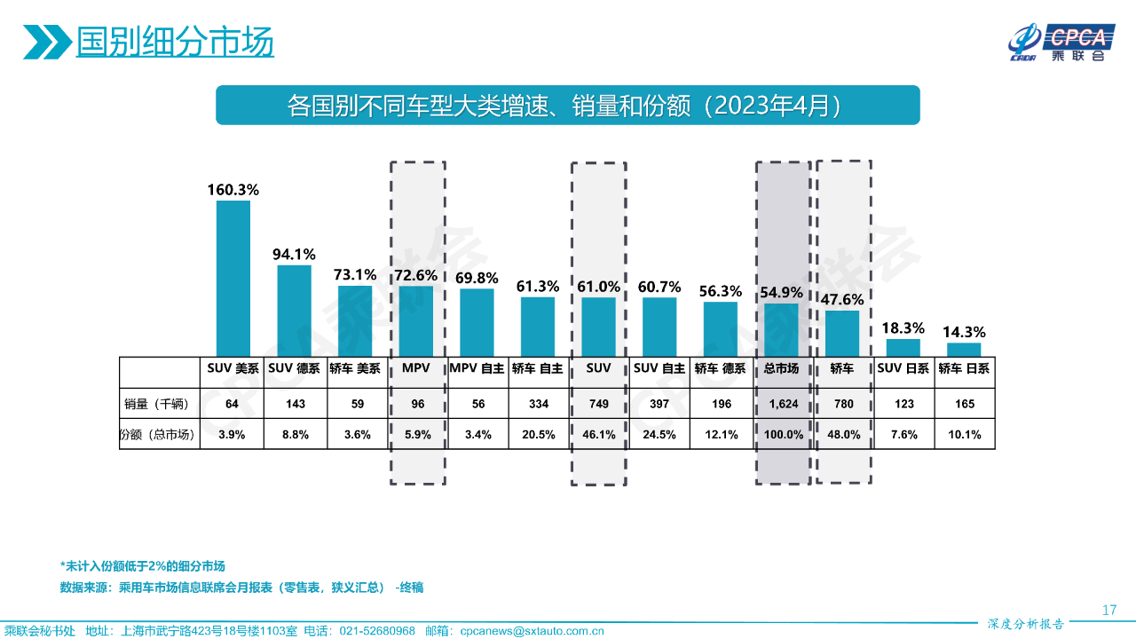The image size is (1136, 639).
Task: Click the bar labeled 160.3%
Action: point(233,278)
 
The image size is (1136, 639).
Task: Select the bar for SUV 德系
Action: point(295,310)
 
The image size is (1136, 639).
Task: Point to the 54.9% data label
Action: point(782,292)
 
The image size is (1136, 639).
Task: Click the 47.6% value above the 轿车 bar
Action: point(842,298)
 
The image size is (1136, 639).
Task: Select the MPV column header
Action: point(417,368)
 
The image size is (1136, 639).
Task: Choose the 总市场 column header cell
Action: point(782,368)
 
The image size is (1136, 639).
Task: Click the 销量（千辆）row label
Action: point(159,404)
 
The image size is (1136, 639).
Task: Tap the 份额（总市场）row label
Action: point(159,434)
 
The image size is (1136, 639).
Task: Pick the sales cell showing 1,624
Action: point(782,404)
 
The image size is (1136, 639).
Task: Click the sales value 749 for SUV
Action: point(599,404)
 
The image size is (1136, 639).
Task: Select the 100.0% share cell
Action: point(782,434)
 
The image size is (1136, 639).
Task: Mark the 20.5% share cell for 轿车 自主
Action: point(539,434)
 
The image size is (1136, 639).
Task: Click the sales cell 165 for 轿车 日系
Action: point(965,404)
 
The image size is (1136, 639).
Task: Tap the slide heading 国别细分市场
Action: point(174,42)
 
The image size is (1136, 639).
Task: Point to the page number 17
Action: point(1108,610)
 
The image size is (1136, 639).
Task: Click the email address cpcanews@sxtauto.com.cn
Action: point(532,631)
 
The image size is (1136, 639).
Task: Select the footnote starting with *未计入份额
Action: point(142,566)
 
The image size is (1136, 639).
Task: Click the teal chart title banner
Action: point(567,106)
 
